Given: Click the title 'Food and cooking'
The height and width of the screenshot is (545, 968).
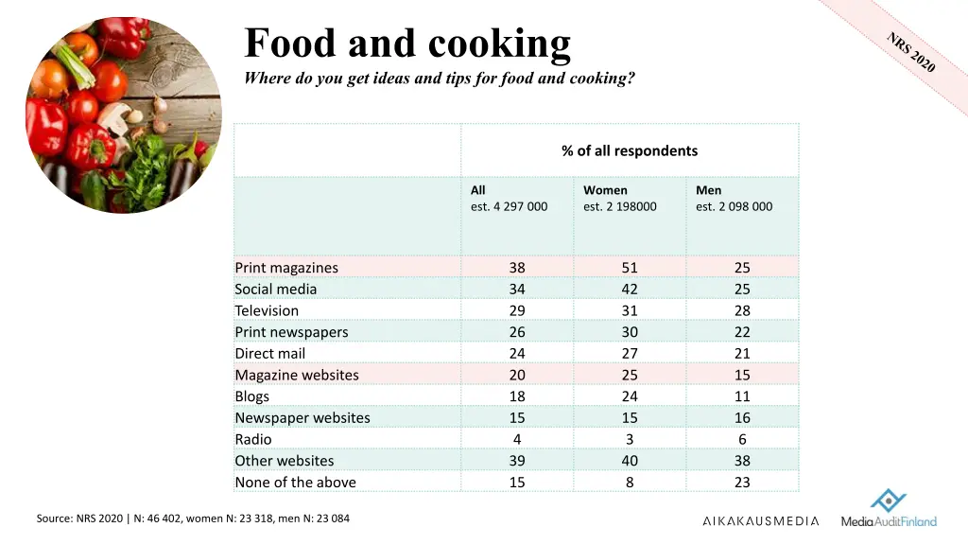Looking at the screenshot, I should click(x=407, y=44).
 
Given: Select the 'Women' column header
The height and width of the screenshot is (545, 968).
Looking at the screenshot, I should click(x=605, y=190).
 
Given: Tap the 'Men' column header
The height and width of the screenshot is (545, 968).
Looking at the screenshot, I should click(x=708, y=190).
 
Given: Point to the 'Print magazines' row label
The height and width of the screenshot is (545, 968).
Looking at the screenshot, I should click(x=286, y=268).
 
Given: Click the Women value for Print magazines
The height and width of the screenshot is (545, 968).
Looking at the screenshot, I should click(x=630, y=268).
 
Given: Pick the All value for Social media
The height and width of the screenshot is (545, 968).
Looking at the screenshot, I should click(x=517, y=290).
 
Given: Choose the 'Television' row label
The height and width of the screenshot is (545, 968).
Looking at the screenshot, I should click(x=267, y=310).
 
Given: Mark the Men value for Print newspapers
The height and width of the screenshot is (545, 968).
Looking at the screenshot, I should click(x=742, y=332).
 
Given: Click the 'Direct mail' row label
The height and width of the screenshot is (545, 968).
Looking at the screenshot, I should click(x=270, y=354).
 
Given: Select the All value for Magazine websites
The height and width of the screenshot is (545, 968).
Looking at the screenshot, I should click(x=517, y=375).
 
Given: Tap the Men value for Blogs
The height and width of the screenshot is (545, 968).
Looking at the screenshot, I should click(x=742, y=396).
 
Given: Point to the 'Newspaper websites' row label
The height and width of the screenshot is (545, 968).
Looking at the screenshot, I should click(x=302, y=418).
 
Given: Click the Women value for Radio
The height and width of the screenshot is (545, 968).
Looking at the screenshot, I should click(x=630, y=439).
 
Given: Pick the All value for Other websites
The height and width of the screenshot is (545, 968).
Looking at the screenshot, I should click(x=517, y=461).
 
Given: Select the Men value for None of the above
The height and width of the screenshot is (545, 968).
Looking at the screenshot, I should click(x=742, y=483).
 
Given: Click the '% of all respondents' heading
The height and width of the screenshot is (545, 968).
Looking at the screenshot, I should click(x=630, y=150).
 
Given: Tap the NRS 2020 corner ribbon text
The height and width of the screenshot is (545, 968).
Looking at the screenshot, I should click(x=911, y=52).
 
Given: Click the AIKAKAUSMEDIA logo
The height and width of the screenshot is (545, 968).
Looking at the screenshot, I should click(x=760, y=521).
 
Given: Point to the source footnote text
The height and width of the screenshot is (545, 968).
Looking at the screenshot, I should click(x=193, y=519).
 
